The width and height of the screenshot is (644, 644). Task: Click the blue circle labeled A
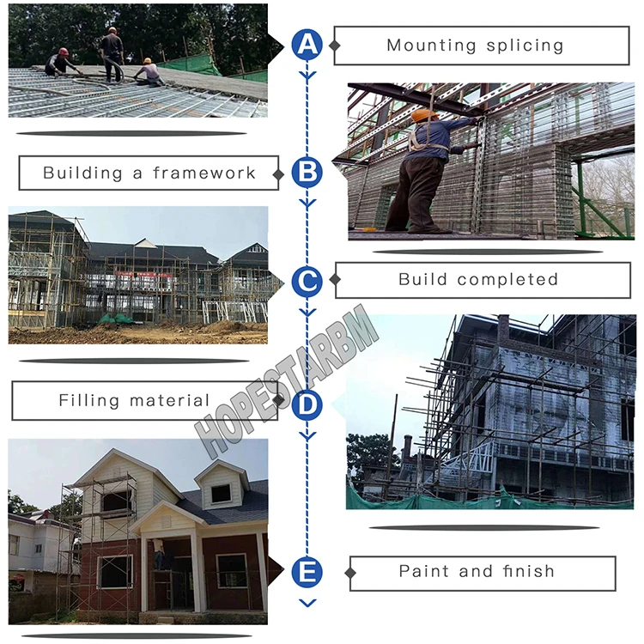(307, 46)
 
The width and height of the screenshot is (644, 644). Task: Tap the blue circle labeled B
(307, 173)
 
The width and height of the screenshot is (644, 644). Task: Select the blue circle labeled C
(307, 281)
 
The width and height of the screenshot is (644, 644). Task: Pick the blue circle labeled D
(307, 403)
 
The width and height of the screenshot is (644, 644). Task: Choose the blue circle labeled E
(307, 572)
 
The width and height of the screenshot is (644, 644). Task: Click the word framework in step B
(204, 173)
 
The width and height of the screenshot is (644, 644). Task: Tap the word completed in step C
(507, 280)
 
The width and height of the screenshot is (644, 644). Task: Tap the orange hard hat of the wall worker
(423, 115)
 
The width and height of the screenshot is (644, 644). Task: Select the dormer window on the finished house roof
(222, 492)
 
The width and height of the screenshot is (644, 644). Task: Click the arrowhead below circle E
(307, 603)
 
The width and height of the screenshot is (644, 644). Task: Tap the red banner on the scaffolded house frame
(149, 274)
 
